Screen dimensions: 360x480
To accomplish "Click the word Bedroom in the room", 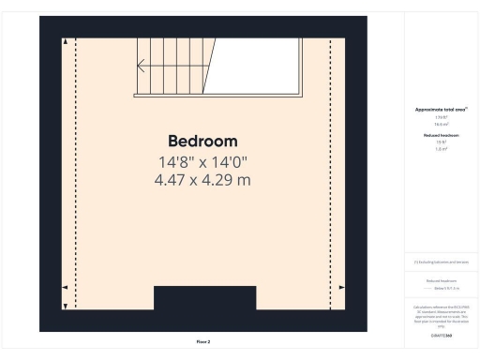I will pos(202,141).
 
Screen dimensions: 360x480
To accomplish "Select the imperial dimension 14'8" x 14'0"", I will pos(202,161).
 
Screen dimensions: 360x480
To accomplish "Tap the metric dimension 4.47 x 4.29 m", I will pos(202,179).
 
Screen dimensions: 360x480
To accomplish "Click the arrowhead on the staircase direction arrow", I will pos(140,67).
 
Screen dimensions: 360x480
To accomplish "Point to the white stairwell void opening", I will pos(258,66).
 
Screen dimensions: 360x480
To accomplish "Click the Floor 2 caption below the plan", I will pos(203,341).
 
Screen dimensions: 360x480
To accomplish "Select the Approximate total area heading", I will pos(441,109).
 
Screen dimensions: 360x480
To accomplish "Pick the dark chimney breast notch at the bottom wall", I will pos(204,300).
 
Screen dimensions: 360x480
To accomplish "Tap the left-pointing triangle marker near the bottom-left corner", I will pos(64,287).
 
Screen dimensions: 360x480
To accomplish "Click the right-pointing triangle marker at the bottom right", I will pos(341,287).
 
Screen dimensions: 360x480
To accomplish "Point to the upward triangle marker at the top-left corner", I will pos(65,43).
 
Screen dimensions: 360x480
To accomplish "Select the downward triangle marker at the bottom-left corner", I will pos(65,306).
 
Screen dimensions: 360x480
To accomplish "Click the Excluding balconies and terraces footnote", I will pos(441,262).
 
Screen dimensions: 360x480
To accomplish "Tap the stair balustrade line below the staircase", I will pos(218,95).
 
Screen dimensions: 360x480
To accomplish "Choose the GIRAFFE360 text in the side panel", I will pos(441,334).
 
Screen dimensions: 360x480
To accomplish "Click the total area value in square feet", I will pos(441,116).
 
